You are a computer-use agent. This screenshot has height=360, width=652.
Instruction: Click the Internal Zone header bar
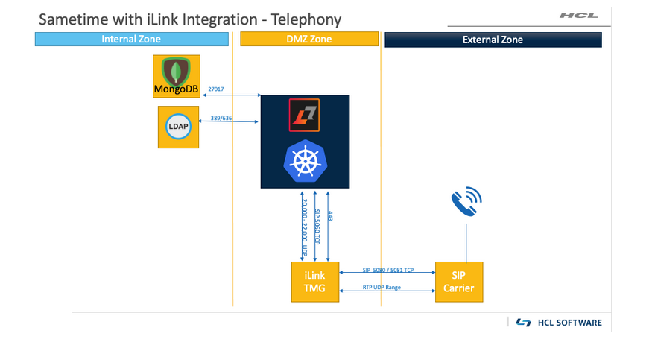pos(131,40)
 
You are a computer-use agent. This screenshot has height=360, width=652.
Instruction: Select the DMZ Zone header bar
pos(310,40)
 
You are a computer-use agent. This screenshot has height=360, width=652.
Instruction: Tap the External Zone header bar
pos(493,40)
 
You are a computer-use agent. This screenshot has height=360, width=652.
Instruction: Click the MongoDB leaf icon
pos(177,71)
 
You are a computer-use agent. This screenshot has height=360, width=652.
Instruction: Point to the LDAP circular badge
pos(178,127)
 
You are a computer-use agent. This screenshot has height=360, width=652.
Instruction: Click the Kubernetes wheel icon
pos(305,162)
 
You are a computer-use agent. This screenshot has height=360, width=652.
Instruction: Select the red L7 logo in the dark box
pos(304,115)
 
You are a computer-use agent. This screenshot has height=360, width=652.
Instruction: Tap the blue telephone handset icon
pos(466,201)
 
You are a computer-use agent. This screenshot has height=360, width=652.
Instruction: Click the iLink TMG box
pos(314,282)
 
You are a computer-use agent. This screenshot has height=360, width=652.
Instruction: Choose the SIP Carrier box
pos(459,282)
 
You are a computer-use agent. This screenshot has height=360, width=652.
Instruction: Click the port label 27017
pos(216,89)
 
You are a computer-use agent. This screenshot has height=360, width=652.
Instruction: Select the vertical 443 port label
pos(330,216)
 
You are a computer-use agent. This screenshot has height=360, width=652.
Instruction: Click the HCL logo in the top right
pos(578,16)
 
